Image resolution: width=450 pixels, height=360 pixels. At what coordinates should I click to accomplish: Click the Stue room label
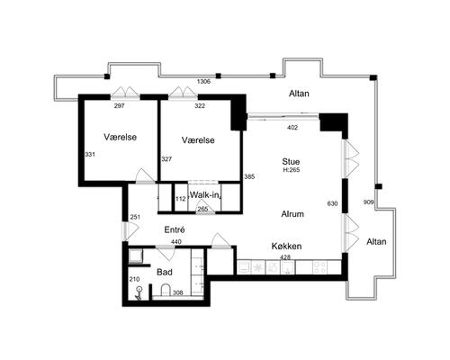click(x=291, y=162)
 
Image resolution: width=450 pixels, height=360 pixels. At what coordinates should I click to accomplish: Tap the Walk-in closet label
click(x=206, y=194)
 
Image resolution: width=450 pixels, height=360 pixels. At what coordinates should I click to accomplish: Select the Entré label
click(x=175, y=229)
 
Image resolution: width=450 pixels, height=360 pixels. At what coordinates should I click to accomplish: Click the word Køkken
click(x=286, y=247)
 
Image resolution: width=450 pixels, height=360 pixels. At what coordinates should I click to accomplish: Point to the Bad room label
click(x=165, y=272)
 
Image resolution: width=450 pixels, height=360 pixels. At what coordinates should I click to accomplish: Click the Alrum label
click(x=292, y=214)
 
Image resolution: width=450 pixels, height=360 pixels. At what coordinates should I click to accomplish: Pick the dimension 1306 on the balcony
click(x=203, y=81)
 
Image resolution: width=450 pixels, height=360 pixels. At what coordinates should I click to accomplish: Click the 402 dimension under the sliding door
click(x=292, y=128)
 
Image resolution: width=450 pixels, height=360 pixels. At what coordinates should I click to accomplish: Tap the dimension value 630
click(x=332, y=203)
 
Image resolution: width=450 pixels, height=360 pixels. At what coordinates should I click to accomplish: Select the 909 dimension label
click(x=368, y=202)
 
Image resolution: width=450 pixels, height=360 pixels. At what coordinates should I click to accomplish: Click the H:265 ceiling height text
click(x=292, y=170)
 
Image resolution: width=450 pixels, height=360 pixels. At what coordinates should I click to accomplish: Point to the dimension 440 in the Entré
click(x=176, y=241)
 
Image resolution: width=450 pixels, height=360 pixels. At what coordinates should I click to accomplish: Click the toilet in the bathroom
click(x=166, y=290)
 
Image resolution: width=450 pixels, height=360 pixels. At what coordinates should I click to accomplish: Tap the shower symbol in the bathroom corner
click(x=139, y=292)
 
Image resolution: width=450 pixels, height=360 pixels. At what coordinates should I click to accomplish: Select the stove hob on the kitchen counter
click(x=319, y=267)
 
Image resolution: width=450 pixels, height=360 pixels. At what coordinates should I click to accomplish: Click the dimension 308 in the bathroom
click(x=178, y=292)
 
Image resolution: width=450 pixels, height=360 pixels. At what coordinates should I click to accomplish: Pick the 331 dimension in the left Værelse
click(x=90, y=155)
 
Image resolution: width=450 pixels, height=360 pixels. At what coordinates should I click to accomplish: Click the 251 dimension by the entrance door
click(x=135, y=217)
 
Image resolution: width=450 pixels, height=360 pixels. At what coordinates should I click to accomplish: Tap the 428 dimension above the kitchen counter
click(x=285, y=257)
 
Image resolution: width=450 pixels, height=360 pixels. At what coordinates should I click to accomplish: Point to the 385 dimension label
click(x=249, y=176)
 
